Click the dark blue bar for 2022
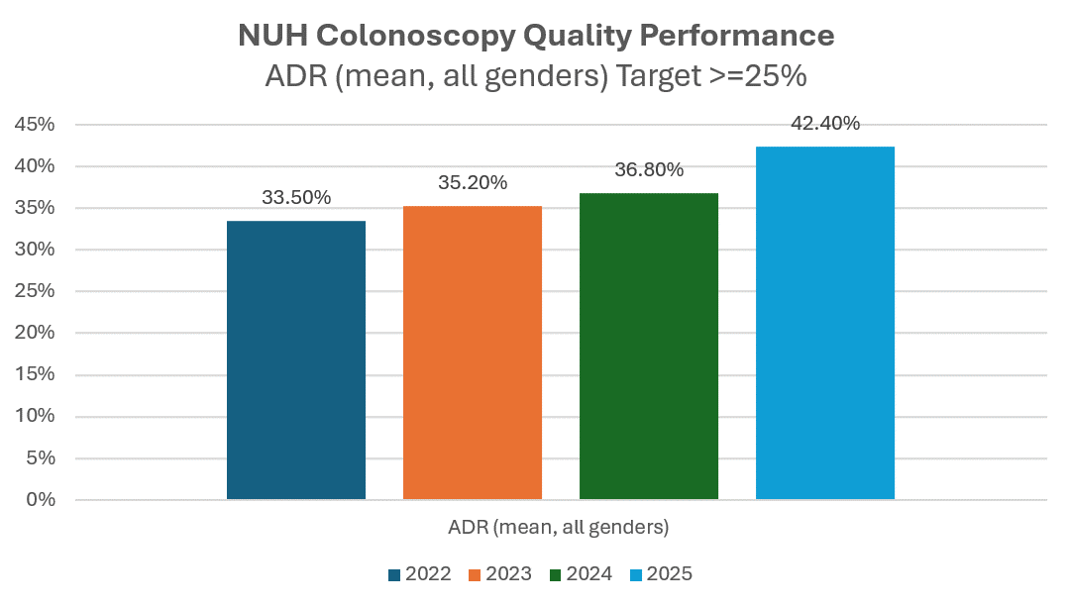[x=295, y=360]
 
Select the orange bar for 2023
[x=472, y=353]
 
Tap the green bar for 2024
[x=648, y=346]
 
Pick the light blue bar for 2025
[x=824, y=323]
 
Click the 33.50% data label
[x=296, y=196]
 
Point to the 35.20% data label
[x=473, y=182]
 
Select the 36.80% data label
[x=649, y=169]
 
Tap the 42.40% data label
[x=825, y=124]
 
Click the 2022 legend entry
[x=420, y=574]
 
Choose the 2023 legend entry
[x=500, y=574]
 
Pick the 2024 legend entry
[x=581, y=574]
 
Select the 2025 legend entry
[x=661, y=574]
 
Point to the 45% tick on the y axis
[x=34, y=125]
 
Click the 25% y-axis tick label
[x=34, y=291]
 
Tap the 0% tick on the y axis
[x=39, y=500]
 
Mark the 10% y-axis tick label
[x=34, y=417]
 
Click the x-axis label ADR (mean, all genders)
[x=551, y=527]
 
